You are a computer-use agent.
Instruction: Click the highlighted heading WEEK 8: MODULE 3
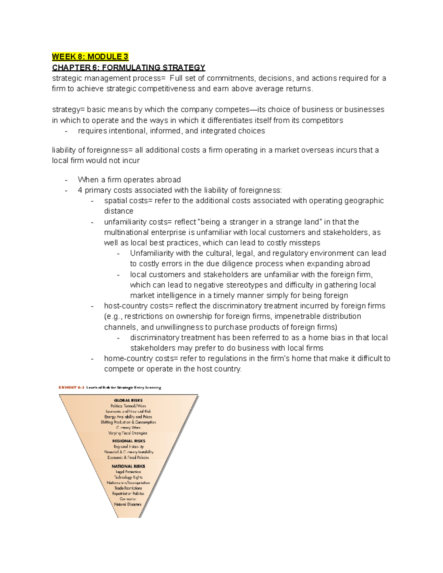pos(90,56)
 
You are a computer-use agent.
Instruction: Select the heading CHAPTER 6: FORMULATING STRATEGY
pos(128,67)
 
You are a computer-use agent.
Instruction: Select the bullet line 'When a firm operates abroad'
pos(129,180)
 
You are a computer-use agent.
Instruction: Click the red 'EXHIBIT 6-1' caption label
pos(71,387)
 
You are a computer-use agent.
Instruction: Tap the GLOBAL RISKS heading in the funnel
pos(128,400)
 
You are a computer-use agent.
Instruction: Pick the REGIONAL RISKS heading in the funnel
pos(128,441)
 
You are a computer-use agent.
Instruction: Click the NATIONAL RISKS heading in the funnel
pos(128,466)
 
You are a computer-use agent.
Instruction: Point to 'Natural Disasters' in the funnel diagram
pos(128,504)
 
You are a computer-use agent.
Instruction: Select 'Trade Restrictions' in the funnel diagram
pos(128,488)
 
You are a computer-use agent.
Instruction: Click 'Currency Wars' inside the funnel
pos(128,428)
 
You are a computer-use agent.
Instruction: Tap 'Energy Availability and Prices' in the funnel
pos(128,417)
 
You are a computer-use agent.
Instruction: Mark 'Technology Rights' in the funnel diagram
pos(128,477)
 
